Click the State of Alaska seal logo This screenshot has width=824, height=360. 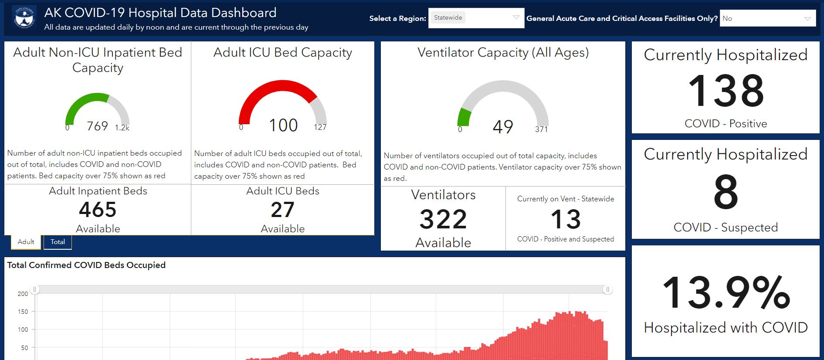pos(25,17)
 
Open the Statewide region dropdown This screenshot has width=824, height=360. pos(476,18)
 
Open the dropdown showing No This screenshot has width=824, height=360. pos(768,18)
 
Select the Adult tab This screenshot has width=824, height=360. pos(26,242)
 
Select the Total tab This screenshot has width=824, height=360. pos(58,242)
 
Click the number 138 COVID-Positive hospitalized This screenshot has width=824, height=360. pos(726,91)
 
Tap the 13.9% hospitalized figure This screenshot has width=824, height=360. pos(726,292)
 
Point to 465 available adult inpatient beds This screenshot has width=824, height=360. pos(98,210)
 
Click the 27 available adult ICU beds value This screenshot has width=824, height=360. pos(282,210)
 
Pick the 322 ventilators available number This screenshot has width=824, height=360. pos(443,219)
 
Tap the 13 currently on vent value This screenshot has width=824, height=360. pos(566,219)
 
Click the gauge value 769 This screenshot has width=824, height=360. pos(97,126)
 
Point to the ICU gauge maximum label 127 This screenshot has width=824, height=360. pos(320,127)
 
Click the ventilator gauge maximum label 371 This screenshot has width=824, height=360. pos(542,129)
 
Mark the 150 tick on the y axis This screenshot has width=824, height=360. pos(23,312)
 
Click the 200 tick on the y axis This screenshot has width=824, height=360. pos(23,294)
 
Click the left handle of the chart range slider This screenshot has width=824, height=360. pos(35,289)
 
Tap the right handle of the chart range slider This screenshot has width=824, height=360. pos(607,289)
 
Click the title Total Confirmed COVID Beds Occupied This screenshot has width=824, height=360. pos(86,265)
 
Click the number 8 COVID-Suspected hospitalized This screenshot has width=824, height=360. pos(726,192)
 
